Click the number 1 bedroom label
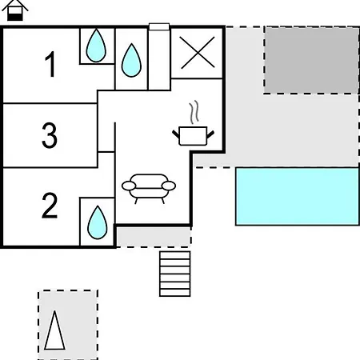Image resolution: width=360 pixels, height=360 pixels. click(x=50, y=64)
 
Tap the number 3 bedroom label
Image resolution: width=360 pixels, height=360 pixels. click(x=50, y=135)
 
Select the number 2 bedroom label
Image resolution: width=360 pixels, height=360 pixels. click(x=50, y=206)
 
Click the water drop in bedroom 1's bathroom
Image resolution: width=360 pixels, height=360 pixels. click(x=96, y=46)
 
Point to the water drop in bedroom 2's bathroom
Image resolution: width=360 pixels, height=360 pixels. click(x=98, y=222)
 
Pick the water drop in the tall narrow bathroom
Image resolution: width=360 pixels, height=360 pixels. click(x=131, y=61)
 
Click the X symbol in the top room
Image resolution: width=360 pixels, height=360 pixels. click(x=198, y=53)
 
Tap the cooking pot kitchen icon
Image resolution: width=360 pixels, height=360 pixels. click(x=193, y=136)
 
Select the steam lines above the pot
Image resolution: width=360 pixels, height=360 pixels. click(x=194, y=112)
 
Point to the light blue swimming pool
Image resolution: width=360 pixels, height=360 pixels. click(x=298, y=196)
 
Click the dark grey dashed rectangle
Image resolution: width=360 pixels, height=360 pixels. click(x=312, y=60)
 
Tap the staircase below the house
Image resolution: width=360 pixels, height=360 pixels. click(x=175, y=274)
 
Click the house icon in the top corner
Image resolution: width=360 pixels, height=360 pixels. click(x=15, y=10)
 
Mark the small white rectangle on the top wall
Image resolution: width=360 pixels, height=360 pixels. click(x=159, y=26)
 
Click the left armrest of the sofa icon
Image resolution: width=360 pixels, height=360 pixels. click(x=129, y=186)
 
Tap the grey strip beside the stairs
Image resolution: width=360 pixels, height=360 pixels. click(x=154, y=237)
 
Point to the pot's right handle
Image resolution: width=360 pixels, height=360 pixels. click(x=210, y=134)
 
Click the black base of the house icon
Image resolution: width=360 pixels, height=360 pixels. click(x=15, y=18)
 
